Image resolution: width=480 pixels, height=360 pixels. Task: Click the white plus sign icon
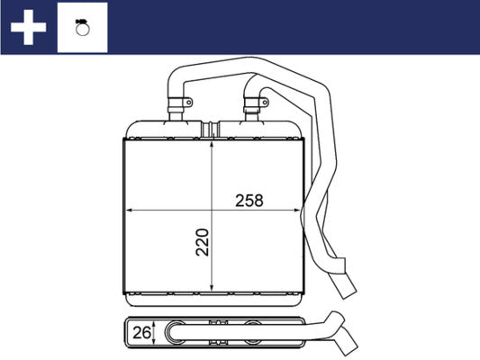[28, 27]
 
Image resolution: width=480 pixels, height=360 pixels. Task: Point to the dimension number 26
[140, 333]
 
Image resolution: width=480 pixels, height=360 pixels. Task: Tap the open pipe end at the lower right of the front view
[349, 292]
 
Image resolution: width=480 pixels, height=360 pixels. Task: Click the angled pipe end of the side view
[347, 345]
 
